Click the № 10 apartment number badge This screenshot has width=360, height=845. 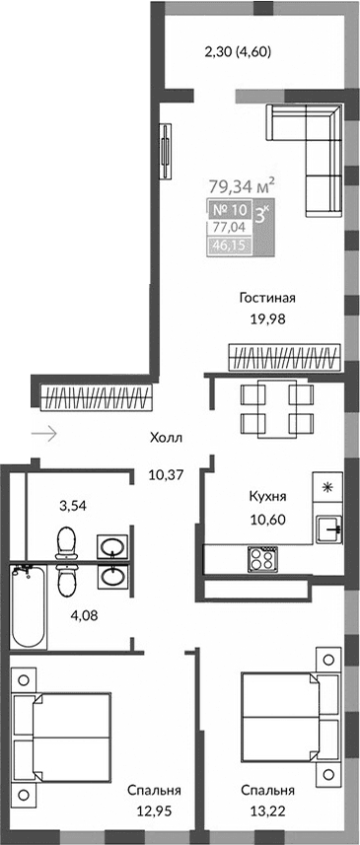(x=229, y=209)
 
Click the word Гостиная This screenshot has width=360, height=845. (x=267, y=298)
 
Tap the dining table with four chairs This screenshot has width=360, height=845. (x=278, y=408)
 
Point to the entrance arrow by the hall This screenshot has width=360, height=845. (x=44, y=432)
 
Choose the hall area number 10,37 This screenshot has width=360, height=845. (x=166, y=474)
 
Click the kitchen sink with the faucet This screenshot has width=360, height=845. (x=329, y=529)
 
